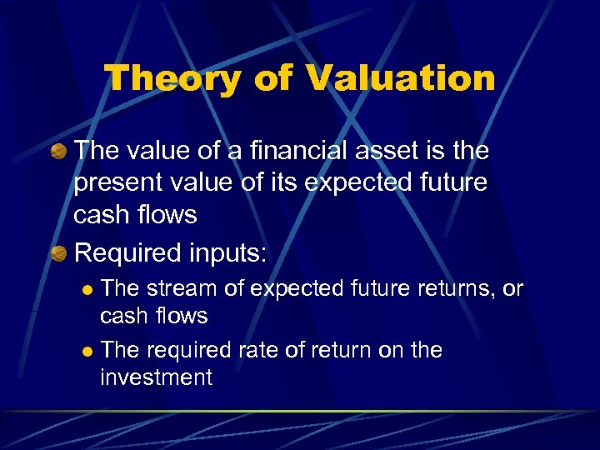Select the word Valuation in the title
tap(400, 79)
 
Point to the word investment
tap(156, 377)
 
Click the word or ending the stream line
tap(512, 288)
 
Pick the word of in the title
tap(274, 79)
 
